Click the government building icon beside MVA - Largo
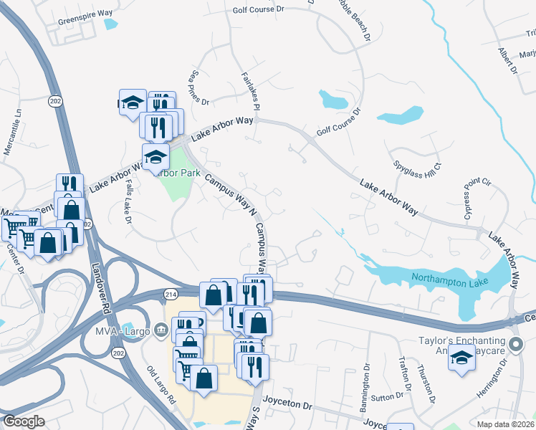[162, 330]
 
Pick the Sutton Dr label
[387, 396]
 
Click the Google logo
[24, 421]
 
